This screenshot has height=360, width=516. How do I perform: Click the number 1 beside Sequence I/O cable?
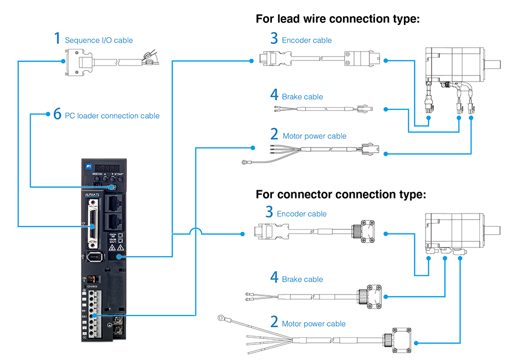click(57, 38)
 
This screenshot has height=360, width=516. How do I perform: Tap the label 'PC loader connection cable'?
click(112, 116)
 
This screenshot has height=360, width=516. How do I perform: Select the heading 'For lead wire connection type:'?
click(337, 19)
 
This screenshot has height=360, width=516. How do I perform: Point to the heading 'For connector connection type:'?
click(341, 195)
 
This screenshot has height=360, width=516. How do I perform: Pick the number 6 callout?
click(57, 114)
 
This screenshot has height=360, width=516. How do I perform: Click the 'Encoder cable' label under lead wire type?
click(307, 40)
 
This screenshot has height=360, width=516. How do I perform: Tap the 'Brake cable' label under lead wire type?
click(302, 97)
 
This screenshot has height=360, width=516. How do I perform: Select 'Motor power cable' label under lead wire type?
click(315, 136)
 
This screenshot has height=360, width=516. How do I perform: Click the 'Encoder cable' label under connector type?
click(302, 214)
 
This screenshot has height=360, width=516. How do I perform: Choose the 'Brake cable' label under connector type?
click(302, 280)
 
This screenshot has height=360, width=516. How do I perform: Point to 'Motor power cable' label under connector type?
click(313, 324)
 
